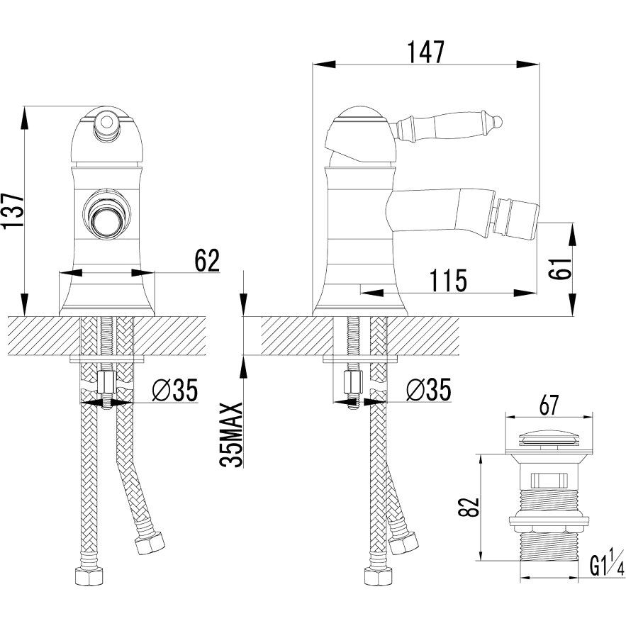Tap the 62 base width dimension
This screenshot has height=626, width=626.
pyautogui.click(x=207, y=260)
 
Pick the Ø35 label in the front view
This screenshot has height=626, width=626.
pyautogui.click(x=174, y=389)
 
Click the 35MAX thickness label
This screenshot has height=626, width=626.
pyautogui.click(x=233, y=434)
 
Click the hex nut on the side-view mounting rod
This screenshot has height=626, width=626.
pyautogui.click(x=352, y=383)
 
